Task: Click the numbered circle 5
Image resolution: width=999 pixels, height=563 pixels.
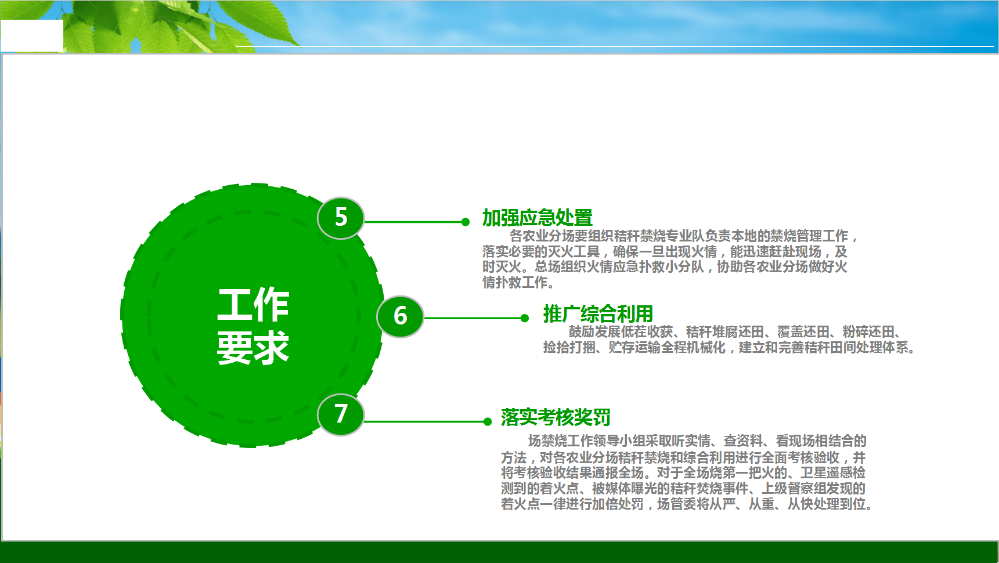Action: pyautogui.click(x=341, y=218)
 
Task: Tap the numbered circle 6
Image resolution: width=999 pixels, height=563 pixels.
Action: pyautogui.click(x=400, y=316)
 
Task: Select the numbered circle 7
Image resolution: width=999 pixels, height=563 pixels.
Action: pyautogui.click(x=341, y=414)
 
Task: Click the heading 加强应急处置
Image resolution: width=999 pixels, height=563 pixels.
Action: pyautogui.click(x=538, y=218)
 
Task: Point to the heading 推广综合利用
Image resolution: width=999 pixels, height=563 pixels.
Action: pyautogui.click(x=598, y=314)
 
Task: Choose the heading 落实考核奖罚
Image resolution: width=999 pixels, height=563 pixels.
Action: pyautogui.click(x=556, y=417)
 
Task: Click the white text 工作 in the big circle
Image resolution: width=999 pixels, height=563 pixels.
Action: pyautogui.click(x=253, y=304)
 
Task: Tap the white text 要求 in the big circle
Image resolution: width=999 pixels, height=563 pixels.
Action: pyautogui.click(x=253, y=348)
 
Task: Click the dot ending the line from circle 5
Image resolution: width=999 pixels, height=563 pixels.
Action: pyautogui.click(x=465, y=222)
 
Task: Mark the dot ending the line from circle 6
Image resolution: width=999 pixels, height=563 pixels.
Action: pyautogui.click(x=525, y=318)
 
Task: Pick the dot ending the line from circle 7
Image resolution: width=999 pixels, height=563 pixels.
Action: pyautogui.click(x=488, y=421)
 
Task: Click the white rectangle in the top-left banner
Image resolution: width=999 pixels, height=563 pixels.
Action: pyautogui.click(x=32, y=35)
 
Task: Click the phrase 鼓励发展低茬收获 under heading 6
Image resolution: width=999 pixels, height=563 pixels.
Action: pyautogui.click(x=621, y=331)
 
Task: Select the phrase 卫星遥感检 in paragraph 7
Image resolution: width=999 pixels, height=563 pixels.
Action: pyautogui.click(x=833, y=472)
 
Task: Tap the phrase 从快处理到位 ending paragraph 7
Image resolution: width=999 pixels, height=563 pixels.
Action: pyautogui.click(x=827, y=504)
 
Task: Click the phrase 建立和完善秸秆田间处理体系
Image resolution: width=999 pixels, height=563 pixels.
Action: pyautogui.click(x=824, y=347)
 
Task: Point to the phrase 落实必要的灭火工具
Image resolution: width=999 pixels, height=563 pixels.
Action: pyautogui.click(x=541, y=251)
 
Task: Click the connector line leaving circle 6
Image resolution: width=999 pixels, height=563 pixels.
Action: pyautogui.click(x=473, y=318)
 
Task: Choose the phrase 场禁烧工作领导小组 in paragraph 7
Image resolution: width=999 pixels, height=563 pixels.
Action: pyautogui.click(x=586, y=441)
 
